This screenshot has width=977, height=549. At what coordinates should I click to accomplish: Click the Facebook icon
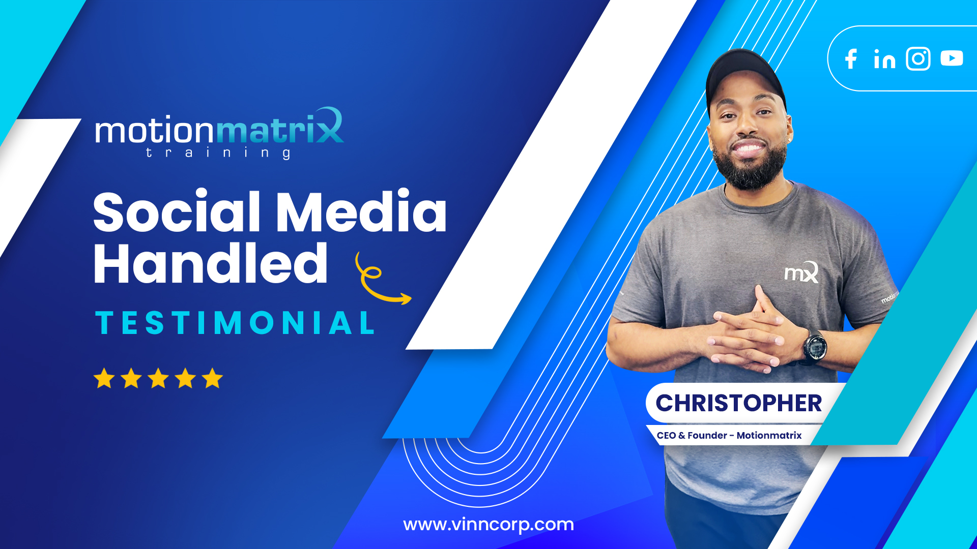(851, 59)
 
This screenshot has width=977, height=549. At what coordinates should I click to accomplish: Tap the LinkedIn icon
(884, 59)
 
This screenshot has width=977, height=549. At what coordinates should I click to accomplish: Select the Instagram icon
(918, 58)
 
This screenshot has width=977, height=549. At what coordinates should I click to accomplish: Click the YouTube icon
(952, 58)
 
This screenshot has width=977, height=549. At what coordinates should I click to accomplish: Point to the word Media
(361, 211)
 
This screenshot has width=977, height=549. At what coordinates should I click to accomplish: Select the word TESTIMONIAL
(235, 323)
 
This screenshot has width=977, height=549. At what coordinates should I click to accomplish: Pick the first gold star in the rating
(104, 379)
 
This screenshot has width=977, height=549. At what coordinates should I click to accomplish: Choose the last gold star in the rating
(212, 379)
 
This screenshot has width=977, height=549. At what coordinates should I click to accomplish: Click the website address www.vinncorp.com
(489, 525)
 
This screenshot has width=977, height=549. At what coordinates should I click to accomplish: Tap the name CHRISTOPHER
(738, 404)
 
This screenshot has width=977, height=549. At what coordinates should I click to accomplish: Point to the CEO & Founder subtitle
(729, 436)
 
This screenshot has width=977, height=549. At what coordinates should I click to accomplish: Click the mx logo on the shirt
(801, 273)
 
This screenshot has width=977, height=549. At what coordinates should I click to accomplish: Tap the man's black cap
(744, 74)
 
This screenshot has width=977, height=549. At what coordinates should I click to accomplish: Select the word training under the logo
(218, 154)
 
